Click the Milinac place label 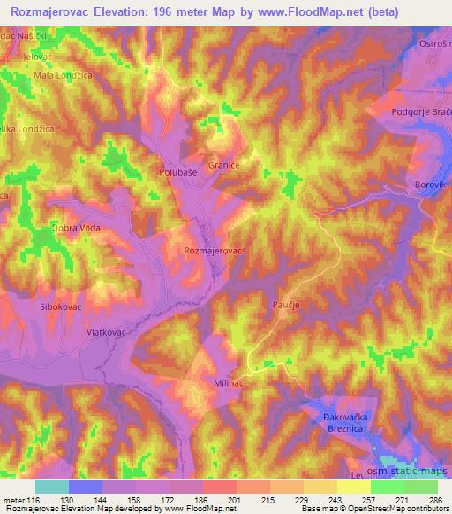pos(228,385)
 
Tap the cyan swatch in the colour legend pos(52,487)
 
